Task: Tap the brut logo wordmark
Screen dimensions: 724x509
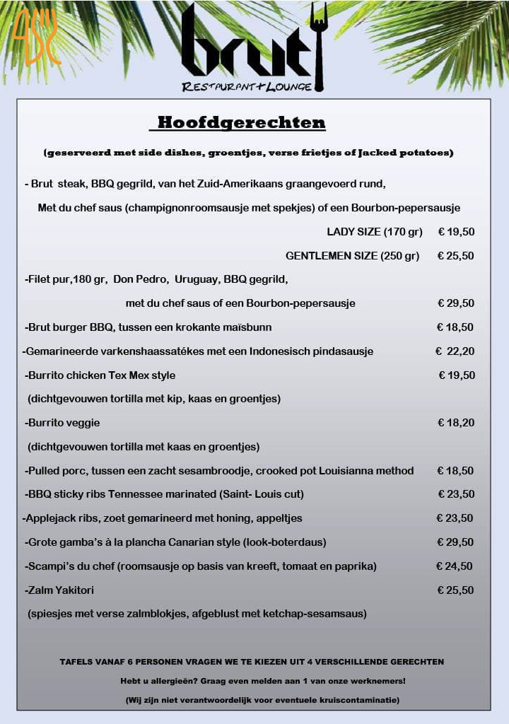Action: coord(244,46)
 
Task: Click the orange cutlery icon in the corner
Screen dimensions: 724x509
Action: coord(35,36)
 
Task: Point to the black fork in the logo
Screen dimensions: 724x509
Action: coord(320,46)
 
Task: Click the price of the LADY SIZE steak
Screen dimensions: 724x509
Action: coord(456,232)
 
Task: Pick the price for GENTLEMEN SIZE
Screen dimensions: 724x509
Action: coord(456,256)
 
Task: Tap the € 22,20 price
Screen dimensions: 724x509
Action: coord(455,351)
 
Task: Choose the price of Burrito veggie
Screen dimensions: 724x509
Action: coord(456,423)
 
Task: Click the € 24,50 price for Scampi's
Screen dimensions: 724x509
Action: coord(455,566)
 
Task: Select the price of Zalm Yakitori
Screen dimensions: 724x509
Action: coord(456,590)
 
